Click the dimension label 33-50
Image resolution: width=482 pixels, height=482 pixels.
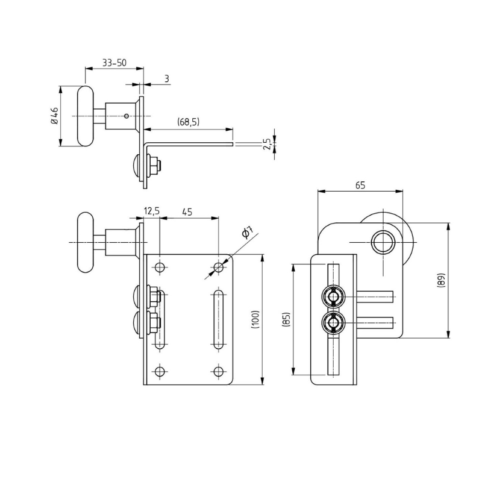pyautogui.click(x=114, y=63)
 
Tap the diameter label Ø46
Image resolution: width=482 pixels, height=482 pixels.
pyautogui.click(x=54, y=116)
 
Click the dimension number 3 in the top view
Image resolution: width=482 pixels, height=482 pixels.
pyautogui.click(x=166, y=79)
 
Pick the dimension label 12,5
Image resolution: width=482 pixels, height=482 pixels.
pyautogui.click(x=151, y=211)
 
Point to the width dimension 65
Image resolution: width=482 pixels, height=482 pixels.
pyautogui.click(x=360, y=186)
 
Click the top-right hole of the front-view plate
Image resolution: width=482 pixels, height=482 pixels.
pyautogui.click(x=219, y=266)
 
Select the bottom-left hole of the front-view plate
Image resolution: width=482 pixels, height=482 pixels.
pyautogui.click(x=160, y=371)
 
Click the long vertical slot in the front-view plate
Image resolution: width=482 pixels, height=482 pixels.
pyautogui.click(x=218, y=319)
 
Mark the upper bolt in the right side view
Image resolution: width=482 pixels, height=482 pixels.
pyautogui.click(x=333, y=296)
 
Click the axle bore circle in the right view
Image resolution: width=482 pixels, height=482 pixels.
pyautogui.click(x=381, y=242)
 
